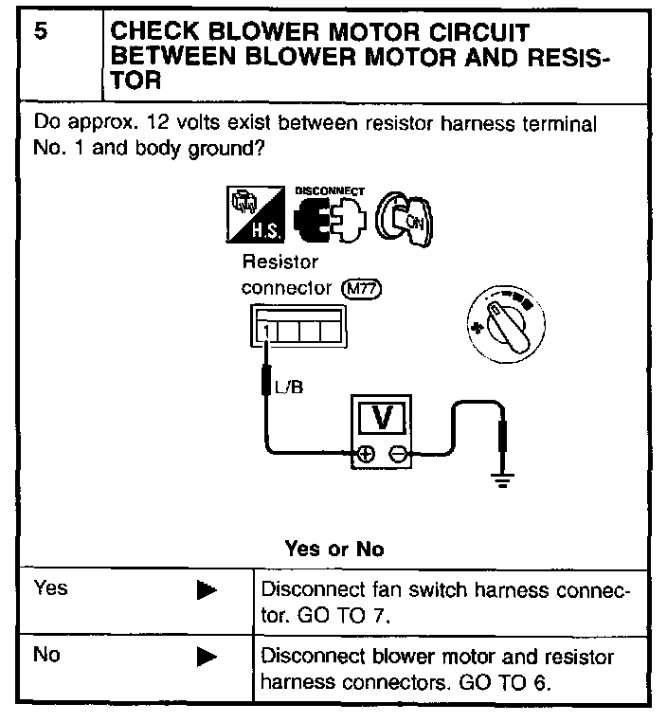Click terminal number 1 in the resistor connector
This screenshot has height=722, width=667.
point(267,332)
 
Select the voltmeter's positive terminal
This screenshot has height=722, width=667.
point(363,456)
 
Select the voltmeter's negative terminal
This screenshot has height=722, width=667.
point(399,456)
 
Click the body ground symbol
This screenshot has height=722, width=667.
point(502,478)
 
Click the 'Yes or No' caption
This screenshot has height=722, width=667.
point(333,550)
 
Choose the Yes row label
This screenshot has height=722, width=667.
point(50,588)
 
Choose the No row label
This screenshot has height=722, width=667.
point(46,655)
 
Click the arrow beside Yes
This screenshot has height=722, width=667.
point(207,590)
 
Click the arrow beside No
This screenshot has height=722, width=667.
point(207,656)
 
